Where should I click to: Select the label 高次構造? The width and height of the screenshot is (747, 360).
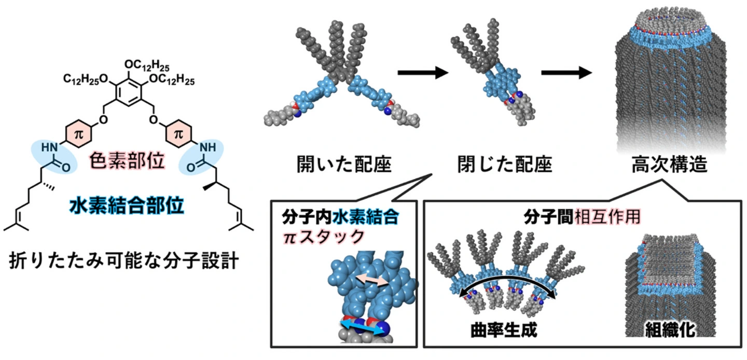tap(666, 165)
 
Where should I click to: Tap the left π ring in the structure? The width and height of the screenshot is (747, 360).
tap(78, 134)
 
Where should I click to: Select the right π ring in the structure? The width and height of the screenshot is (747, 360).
tap(178, 134)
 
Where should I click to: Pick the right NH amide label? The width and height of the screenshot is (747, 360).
tap(207, 147)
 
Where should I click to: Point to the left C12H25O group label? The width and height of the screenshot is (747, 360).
tap(87, 80)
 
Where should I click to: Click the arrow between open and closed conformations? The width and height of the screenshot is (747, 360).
tap(422, 73)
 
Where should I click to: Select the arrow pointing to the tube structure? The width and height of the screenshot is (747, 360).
tap(566, 73)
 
